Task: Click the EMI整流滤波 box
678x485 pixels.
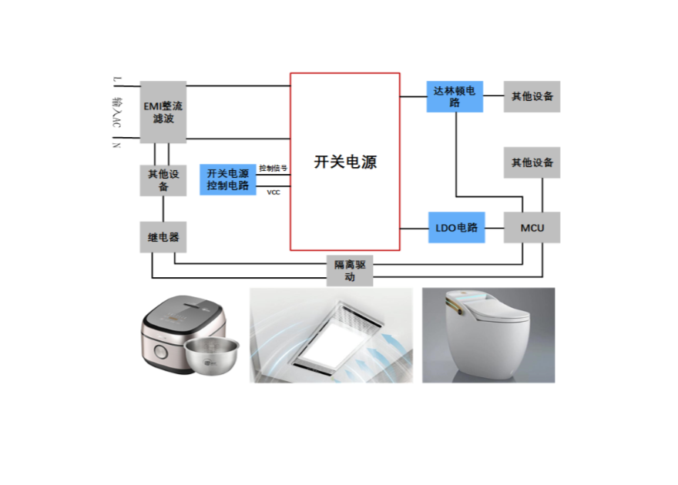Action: coord(163,112)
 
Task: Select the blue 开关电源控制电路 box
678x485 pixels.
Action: coord(227,179)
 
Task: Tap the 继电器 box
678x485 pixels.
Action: coord(163,237)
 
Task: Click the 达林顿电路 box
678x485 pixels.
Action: coord(455,97)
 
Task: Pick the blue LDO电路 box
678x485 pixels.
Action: coord(457,228)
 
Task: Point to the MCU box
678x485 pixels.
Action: coord(532,228)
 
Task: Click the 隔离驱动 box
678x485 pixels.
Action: coord(350,270)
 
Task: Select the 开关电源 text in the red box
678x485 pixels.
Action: coord(345,162)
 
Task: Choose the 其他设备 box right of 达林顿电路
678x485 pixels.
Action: coord(532,97)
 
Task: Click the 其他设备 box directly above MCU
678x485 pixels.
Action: coord(532,162)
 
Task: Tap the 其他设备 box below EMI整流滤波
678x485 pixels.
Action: coord(163,179)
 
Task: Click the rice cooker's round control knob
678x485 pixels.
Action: coord(161,353)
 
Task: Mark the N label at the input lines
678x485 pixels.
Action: coord(118,142)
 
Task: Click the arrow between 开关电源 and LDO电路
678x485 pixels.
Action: coord(414,228)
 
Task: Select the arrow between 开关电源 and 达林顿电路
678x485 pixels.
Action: coord(414,97)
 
